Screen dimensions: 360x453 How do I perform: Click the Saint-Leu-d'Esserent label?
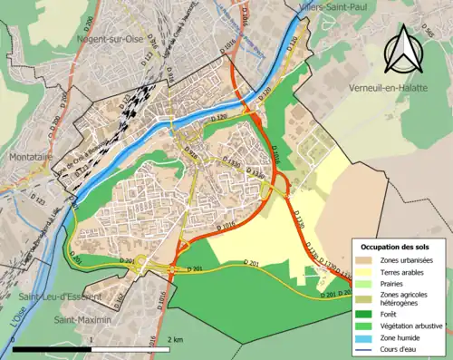pyautogui.click(x=52, y=297)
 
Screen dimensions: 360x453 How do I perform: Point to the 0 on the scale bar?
pyautogui.click(x=15, y=338)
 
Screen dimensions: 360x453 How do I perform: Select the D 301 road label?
pyautogui.click(x=193, y=268)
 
